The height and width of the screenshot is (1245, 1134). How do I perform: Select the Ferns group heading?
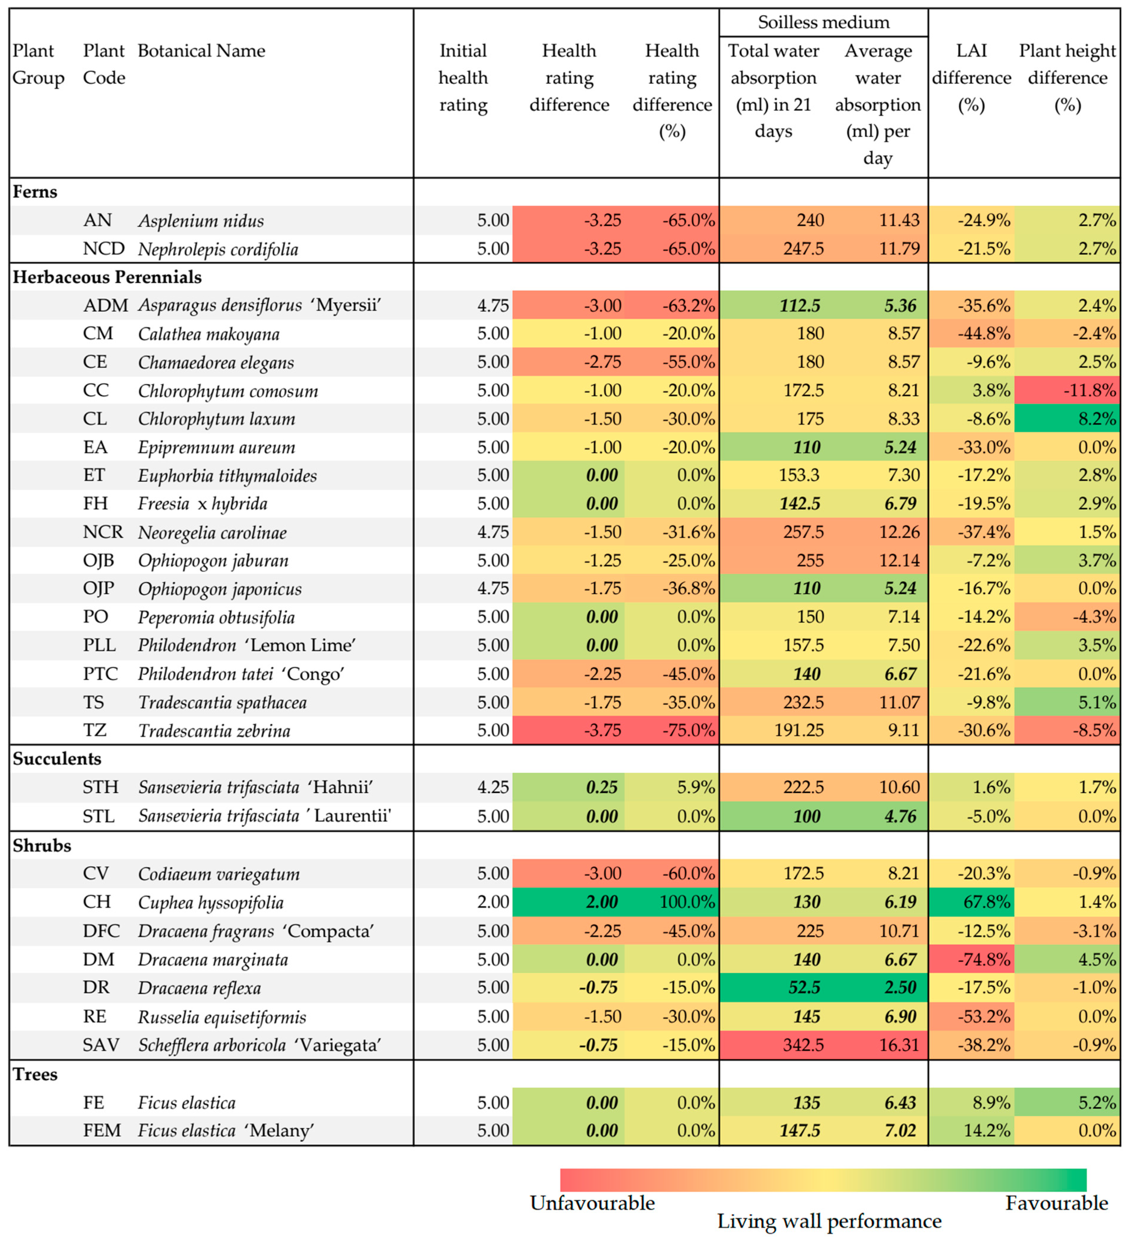35,192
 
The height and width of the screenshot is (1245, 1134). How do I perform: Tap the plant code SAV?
101,1045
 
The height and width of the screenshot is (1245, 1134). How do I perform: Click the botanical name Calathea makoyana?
209,334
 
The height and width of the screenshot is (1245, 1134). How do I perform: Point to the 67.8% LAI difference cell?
987,902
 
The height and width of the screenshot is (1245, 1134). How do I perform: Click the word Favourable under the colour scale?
1056,1203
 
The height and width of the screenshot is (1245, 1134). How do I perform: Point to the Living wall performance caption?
829,1222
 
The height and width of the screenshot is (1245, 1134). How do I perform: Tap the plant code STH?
101,787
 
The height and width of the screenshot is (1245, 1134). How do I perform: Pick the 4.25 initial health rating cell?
493,787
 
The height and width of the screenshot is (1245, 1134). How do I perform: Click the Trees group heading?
35,1075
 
